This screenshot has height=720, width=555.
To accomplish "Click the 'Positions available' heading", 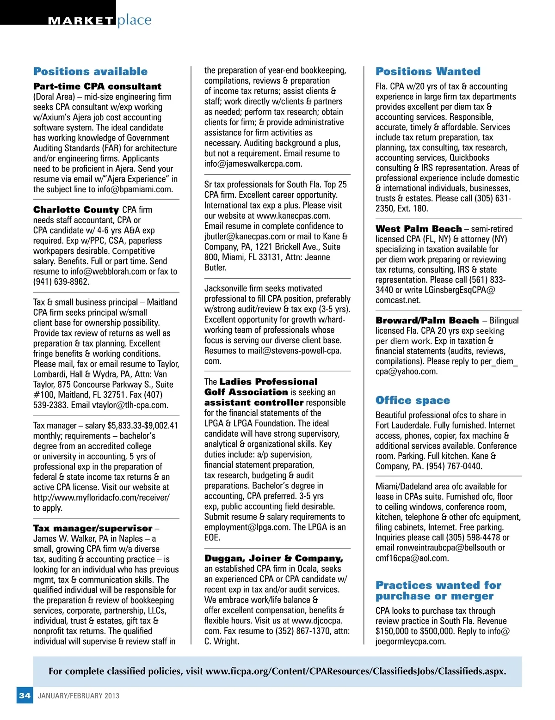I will (90, 72).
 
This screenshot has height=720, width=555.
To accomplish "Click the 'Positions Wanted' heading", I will (428, 72).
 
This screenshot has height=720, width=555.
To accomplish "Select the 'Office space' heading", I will (413, 400).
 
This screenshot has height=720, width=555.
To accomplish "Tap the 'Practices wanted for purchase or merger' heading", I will (438, 591).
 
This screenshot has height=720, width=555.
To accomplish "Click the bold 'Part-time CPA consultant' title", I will (97, 86).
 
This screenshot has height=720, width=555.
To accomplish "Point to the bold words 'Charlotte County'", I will (76, 210).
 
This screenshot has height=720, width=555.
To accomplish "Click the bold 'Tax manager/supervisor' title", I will (92, 528).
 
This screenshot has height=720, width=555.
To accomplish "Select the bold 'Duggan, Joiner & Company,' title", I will (273, 558).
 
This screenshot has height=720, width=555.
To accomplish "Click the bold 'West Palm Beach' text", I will (419, 229).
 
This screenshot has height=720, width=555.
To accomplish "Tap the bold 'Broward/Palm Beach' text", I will (427, 320).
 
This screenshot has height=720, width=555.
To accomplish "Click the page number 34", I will (25, 696).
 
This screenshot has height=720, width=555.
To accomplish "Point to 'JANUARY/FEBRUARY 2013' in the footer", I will (78, 696).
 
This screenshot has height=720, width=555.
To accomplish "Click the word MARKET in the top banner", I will (81, 21).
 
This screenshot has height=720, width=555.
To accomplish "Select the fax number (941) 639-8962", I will (61, 282).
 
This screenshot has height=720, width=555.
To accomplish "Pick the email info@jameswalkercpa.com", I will (253, 164).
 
